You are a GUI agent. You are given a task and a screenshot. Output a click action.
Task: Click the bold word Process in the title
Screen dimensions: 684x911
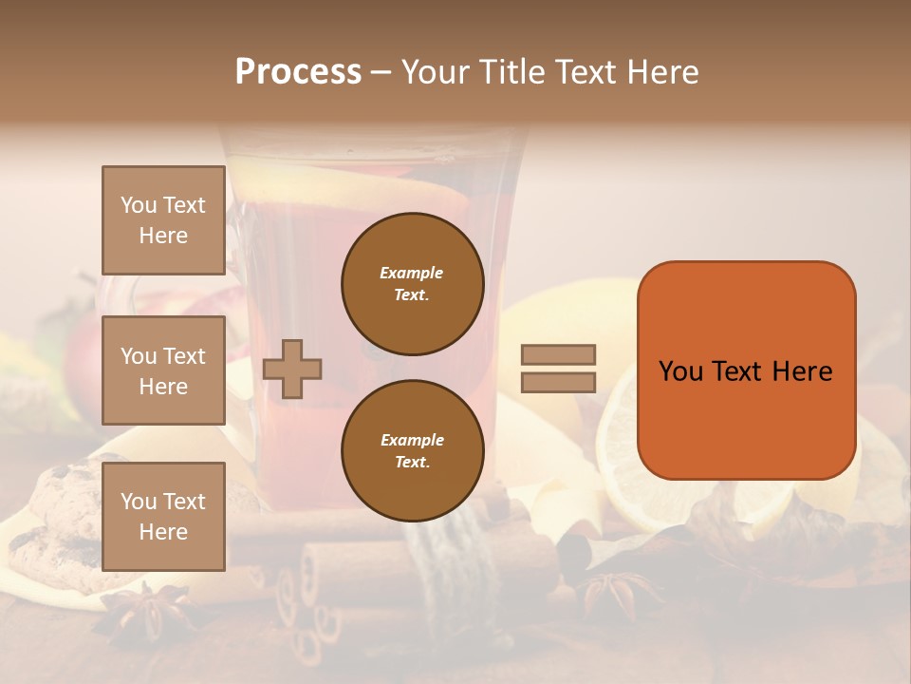298,72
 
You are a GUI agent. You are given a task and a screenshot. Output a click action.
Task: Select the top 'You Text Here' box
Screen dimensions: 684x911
163,220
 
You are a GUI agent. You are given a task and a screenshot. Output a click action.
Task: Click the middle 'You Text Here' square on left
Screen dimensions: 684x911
163,370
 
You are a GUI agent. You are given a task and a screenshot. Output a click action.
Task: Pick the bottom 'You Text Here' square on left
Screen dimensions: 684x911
163,516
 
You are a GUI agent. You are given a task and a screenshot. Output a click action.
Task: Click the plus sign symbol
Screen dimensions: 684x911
292,369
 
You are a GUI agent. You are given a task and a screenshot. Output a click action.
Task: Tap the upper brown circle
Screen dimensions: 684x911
412,284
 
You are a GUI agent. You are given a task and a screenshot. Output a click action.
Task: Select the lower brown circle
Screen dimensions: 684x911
412,451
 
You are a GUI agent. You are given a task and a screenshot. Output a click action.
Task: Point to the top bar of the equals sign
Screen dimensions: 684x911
558,355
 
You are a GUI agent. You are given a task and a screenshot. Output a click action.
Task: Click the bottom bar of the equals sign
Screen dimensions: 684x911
558,382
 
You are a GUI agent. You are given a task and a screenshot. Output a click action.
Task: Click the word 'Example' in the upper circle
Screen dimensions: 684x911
412,273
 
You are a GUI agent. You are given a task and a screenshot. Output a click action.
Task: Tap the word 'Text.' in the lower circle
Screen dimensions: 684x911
412,463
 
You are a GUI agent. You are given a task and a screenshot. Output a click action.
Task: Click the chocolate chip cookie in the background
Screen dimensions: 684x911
66,513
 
